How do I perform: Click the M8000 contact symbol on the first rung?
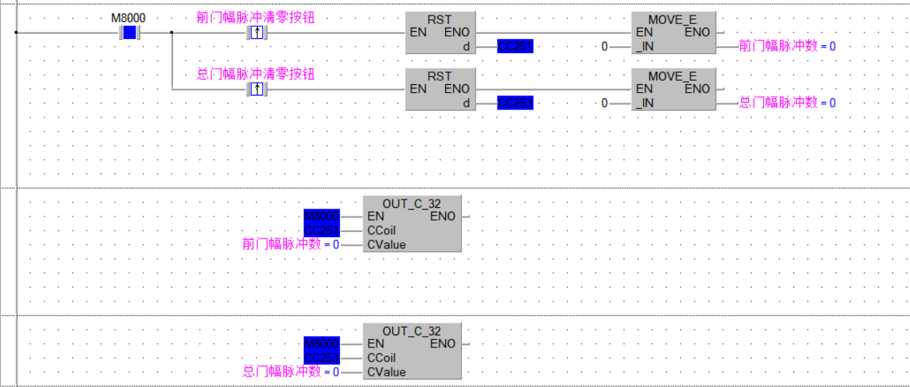129,33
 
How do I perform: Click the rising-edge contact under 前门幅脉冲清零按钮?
257,33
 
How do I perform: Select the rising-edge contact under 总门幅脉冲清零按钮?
257,89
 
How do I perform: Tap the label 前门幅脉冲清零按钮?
255,18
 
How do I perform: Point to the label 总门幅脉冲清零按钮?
255,74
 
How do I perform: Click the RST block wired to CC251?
440,33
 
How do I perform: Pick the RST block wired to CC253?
440,89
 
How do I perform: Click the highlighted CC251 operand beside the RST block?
515,47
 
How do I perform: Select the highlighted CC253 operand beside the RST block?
515,103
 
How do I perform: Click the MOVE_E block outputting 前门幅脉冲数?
673,33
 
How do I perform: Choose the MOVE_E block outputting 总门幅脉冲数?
673,89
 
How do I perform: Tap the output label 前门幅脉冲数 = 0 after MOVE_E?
786,47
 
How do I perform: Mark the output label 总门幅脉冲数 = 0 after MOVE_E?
786,103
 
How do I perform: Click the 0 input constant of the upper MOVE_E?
604,47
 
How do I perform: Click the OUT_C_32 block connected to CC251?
412,224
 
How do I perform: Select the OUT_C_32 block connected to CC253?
412,351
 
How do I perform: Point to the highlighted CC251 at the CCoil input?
321,231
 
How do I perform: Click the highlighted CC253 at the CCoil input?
321,358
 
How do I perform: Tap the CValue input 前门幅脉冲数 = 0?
290,245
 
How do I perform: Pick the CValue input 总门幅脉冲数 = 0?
290,372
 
